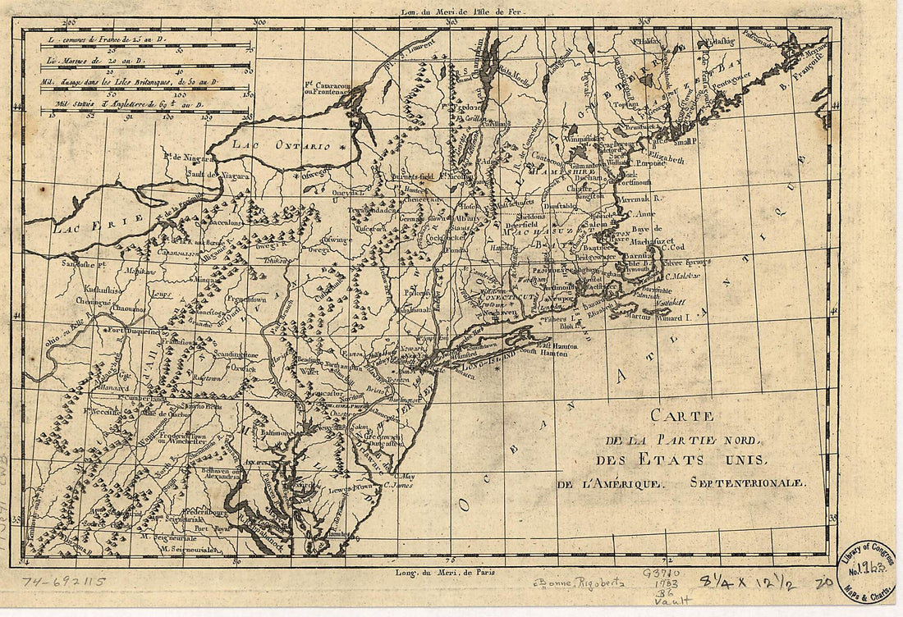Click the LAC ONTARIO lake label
click(x=280, y=145)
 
